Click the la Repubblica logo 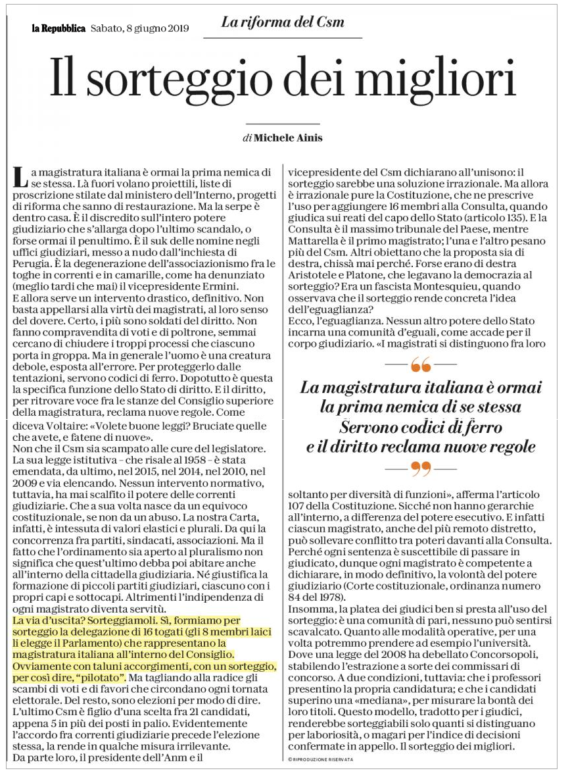pos(59,28)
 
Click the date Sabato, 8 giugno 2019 pos(139,28)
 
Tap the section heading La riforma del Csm pos(283,22)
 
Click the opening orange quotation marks pos(420,364)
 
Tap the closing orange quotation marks pos(420,468)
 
